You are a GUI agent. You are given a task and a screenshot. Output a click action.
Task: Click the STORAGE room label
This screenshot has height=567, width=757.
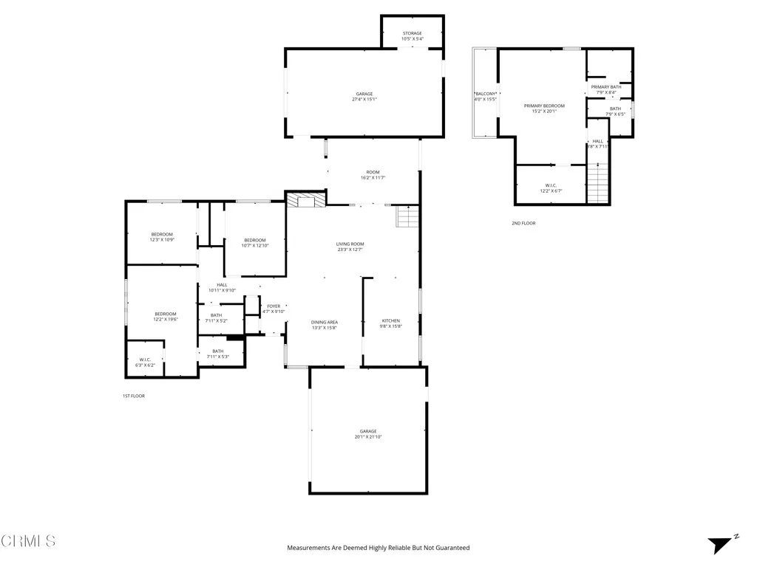pyautogui.click(x=412, y=33)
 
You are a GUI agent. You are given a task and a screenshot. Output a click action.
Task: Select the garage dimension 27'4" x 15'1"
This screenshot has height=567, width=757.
pyautogui.click(x=364, y=100)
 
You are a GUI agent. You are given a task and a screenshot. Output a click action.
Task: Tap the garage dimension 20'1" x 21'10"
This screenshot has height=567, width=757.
pyautogui.click(x=368, y=437)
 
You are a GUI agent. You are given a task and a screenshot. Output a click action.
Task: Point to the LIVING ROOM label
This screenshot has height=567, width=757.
pyautogui.click(x=350, y=244)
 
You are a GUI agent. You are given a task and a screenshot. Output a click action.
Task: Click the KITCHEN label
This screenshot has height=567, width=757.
pyautogui.click(x=390, y=320)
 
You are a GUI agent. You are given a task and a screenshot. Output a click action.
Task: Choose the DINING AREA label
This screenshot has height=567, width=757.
pyautogui.click(x=325, y=322)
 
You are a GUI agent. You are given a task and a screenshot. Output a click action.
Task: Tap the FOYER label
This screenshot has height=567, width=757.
pyautogui.click(x=274, y=306)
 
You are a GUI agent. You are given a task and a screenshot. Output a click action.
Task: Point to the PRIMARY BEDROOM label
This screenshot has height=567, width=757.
pyautogui.click(x=544, y=106)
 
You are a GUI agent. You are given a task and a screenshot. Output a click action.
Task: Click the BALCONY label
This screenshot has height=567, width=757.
pyautogui.click(x=485, y=94)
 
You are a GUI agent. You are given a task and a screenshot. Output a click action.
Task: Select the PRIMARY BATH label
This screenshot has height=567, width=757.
pyautogui.click(x=605, y=87)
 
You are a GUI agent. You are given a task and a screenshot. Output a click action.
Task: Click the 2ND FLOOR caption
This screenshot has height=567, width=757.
pyautogui.click(x=523, y=223)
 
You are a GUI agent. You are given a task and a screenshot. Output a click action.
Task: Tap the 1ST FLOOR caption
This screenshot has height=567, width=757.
pyautogui.click(x=134, y=396)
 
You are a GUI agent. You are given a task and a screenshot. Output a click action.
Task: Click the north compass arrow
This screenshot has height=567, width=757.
pyautogui.click(x=719, y=545)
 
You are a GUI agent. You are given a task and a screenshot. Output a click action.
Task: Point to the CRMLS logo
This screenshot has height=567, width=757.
pyautogui.click(x=27, y=540)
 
